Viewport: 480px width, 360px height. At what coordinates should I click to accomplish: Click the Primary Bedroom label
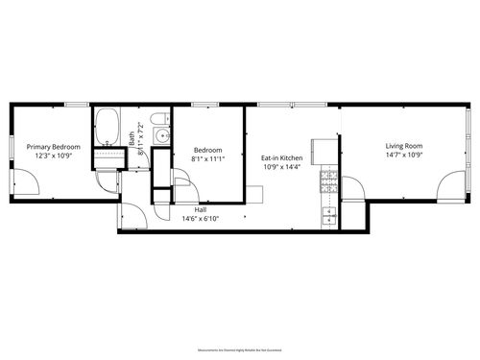[53, 146]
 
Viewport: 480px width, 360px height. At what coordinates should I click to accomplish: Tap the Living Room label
[404, 146]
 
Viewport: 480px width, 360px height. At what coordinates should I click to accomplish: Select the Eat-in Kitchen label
[282, 157]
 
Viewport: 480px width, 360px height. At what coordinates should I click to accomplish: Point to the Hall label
[201, 208]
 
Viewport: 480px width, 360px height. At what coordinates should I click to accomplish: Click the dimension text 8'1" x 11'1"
[208, 159]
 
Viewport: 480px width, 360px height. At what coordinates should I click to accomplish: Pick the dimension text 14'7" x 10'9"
[404, 156]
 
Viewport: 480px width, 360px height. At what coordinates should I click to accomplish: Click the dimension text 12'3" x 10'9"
[53, 156]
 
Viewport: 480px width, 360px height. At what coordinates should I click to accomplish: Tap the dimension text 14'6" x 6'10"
[201, 218]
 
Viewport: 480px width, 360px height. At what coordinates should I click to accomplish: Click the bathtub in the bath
[106, 125]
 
